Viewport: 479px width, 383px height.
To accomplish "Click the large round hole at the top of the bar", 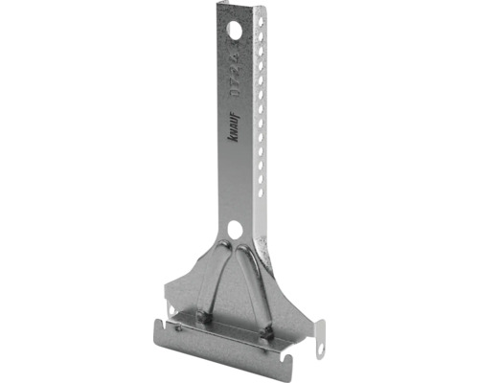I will (x=235, y=32).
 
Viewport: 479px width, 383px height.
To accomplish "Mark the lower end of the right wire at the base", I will (x=269, y=329).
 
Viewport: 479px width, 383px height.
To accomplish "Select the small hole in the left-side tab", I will (x=171, y=310).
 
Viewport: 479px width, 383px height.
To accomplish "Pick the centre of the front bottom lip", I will (x=225, y=342).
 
